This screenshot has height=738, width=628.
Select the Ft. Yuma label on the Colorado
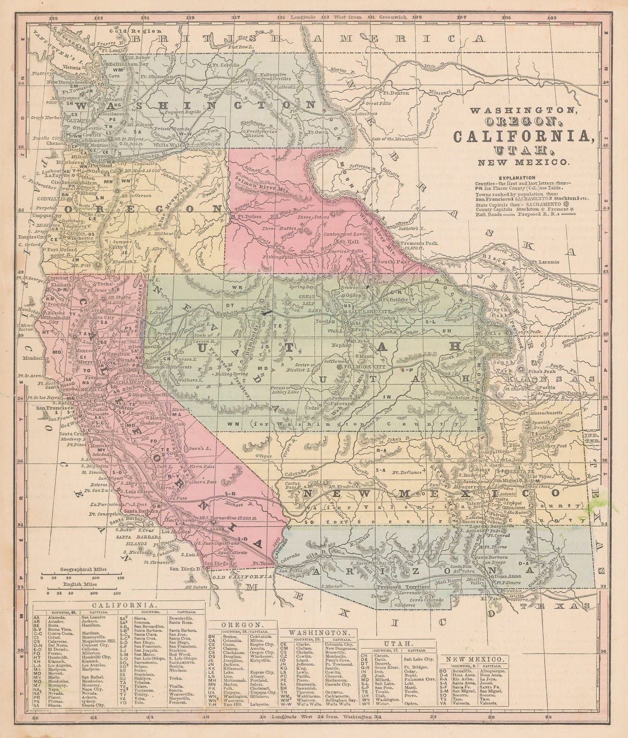(261, 564)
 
